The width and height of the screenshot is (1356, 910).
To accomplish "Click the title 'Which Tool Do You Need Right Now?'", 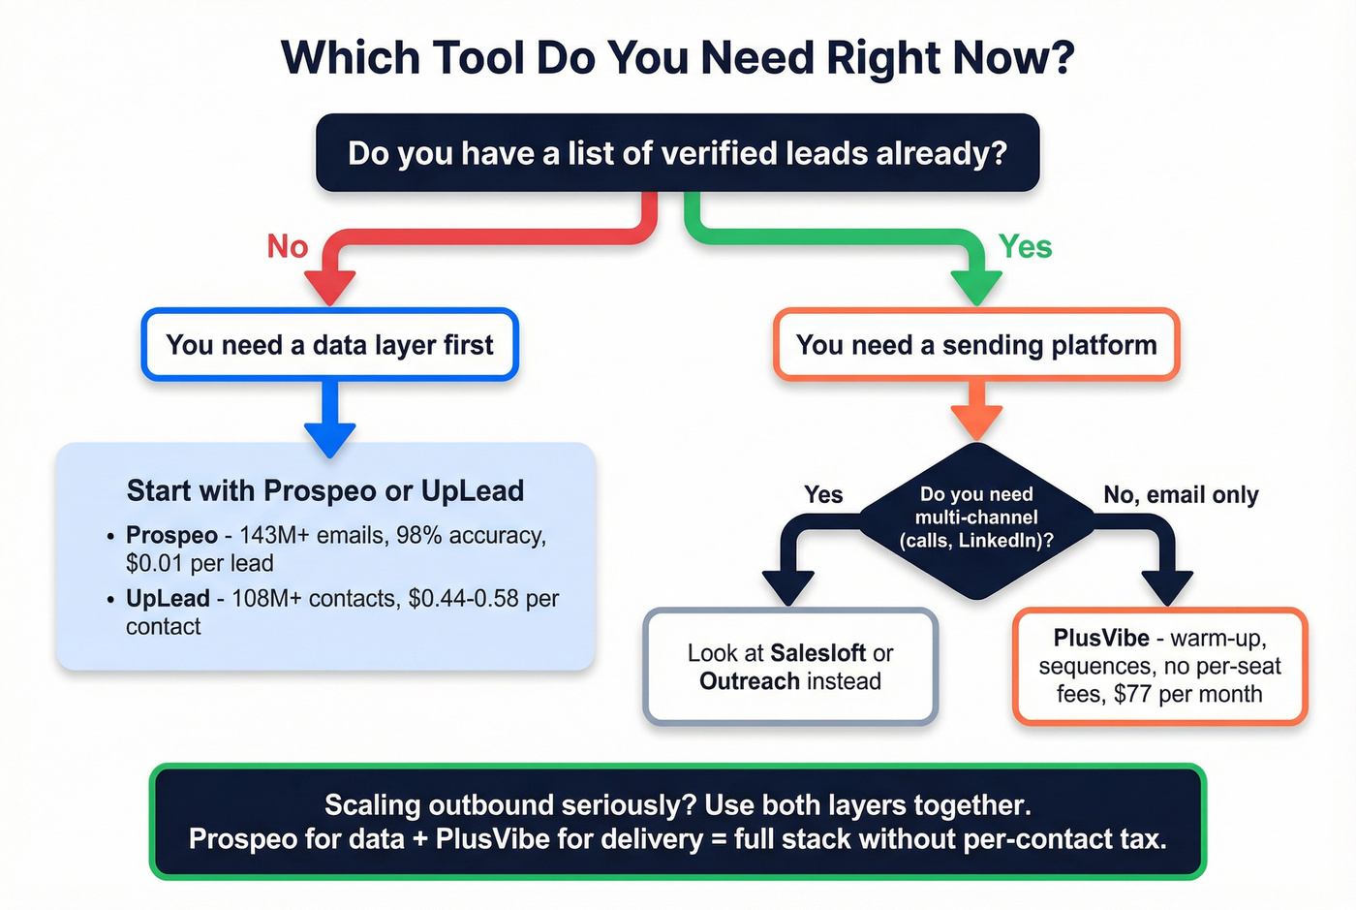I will pyautogui.click(x=677, y=58).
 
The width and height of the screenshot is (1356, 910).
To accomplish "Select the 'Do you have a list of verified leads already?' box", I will pyautogui.click(x=677, y=153).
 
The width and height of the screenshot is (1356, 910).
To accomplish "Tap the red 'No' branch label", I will pyautogui.click(x=288, y=247).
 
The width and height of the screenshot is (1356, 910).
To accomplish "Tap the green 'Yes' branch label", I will pyautogui.click(x=1025, y=247).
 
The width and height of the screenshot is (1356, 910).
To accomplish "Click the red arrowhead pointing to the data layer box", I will pyautogui.click(x=330, y=287).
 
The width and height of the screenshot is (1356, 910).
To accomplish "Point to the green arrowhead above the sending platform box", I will pyautogui.click(x=976, y=287).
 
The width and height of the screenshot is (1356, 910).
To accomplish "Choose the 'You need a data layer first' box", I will pyautogui.click(x=330, y=345).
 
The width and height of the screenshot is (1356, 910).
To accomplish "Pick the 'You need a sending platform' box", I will pyautogui.click(x=976, y=345).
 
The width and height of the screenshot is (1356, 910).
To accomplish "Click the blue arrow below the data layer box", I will pyautogui.click(x=330, y=422).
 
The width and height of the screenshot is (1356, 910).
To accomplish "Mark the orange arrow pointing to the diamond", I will pyautogui.click(x=976, y=415).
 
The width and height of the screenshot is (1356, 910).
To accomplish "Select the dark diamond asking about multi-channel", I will pyautogui.click(x=976, y=518).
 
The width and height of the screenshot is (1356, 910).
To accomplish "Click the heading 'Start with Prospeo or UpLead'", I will pyautogui.click(x=325, y=491).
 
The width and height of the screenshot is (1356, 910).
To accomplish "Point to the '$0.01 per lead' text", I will pyautogui.click(x=200, y=563).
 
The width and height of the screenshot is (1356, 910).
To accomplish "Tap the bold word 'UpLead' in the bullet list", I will pyautogui.click(x=168, y=598).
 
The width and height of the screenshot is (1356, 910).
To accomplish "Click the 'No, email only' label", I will pyautogui.click(x=1181, y=495).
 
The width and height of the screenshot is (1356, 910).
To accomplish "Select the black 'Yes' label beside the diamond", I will pyautogui.click(x=823, y=495).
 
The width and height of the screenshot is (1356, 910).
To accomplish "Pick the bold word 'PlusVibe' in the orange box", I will pyautogui.click(x=1101, y=638).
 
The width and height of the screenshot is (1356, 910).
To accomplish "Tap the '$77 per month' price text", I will pyautogui.click(x=1187, y=694).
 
